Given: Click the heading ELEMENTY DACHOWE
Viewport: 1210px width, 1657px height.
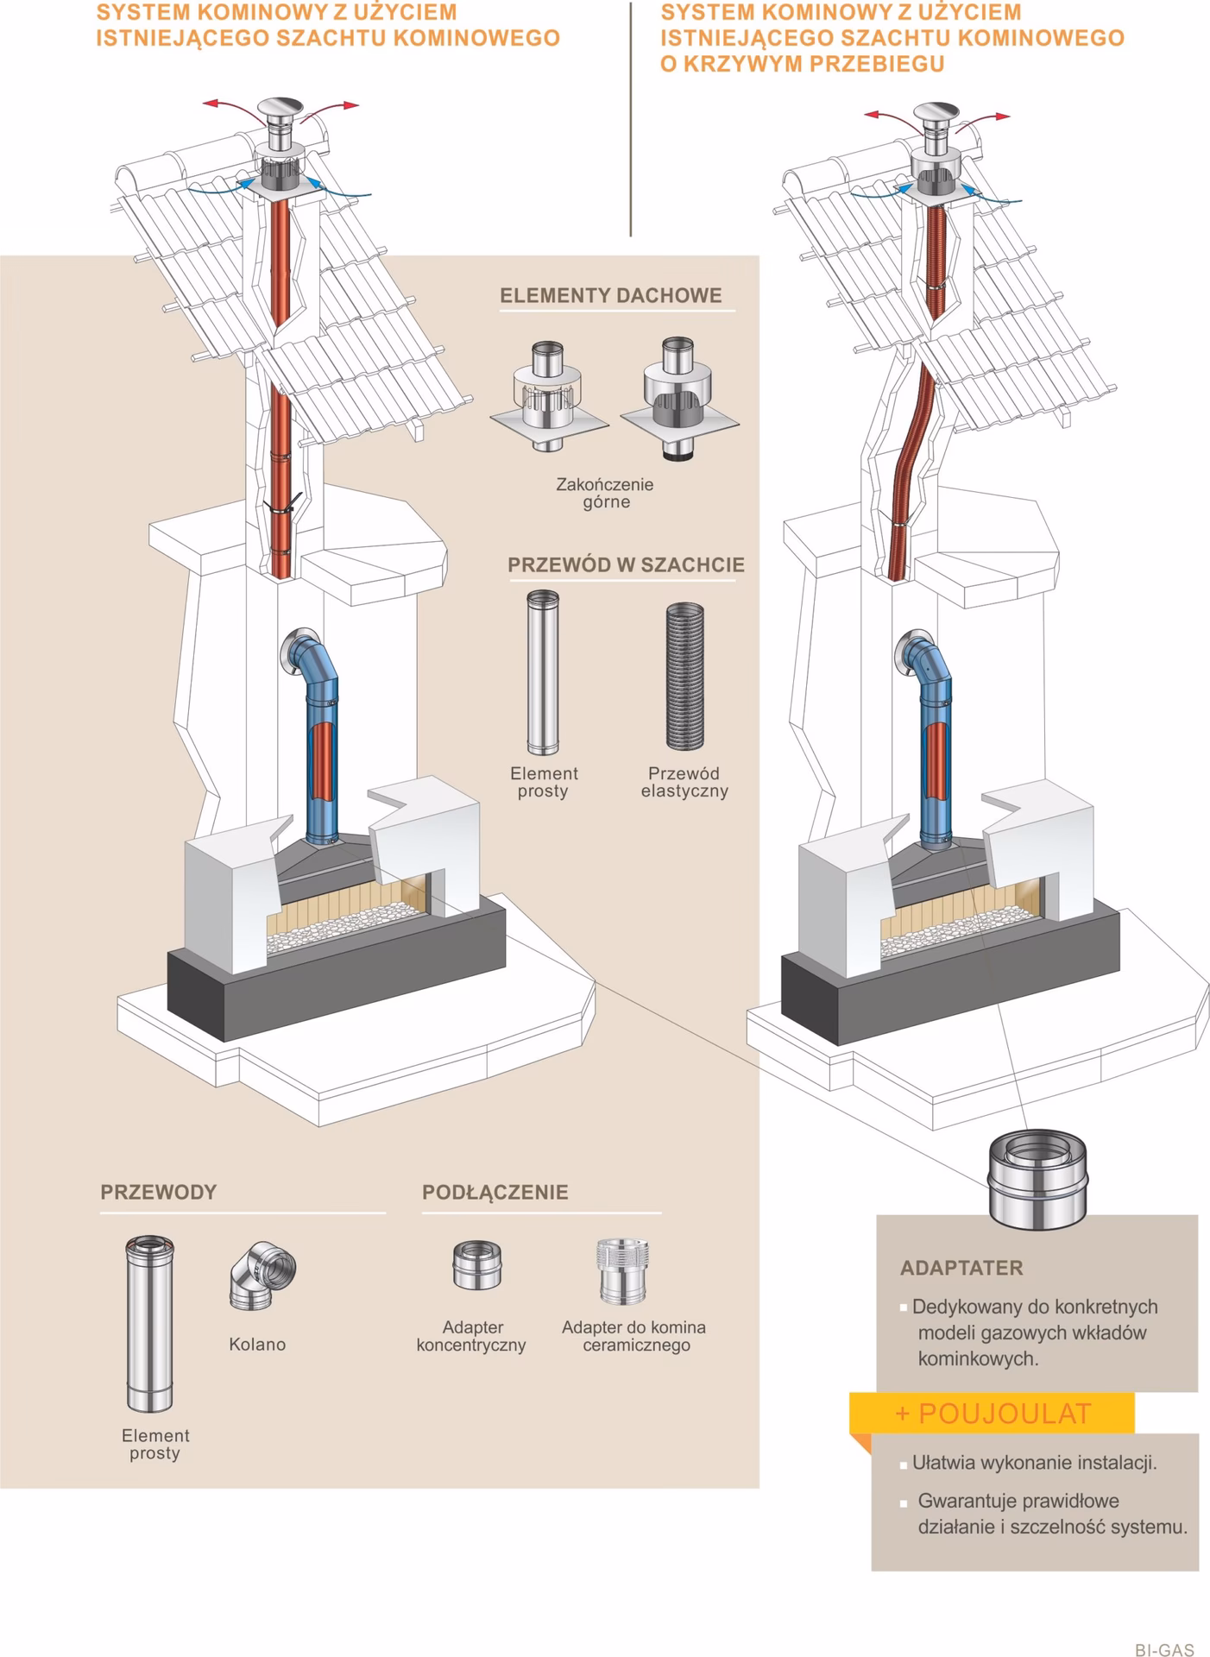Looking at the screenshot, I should click(610, 295).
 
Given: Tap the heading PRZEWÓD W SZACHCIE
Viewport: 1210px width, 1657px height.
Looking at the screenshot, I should click(625, 565).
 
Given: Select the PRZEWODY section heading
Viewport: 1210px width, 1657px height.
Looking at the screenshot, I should click(158, 1192).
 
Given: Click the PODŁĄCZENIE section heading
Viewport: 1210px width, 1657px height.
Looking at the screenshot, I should click(495, 1192).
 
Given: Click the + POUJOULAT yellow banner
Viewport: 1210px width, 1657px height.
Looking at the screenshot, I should click(992, 1413).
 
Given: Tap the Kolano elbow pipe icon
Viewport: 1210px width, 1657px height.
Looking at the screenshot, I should click(262, 1276).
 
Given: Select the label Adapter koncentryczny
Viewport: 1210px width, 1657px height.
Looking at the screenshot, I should click(471, 1336).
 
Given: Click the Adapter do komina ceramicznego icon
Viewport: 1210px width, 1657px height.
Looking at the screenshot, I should click(621, 1270).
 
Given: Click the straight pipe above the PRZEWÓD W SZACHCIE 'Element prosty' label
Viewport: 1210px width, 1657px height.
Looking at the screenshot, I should click(543, 672).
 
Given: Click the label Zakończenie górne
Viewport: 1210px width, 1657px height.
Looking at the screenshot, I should click(605, 493).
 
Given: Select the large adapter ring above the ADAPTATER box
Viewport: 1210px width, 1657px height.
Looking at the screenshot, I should click(1037, 1178).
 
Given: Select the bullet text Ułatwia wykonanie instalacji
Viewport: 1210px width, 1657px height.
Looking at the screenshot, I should click(1033, 1463).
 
